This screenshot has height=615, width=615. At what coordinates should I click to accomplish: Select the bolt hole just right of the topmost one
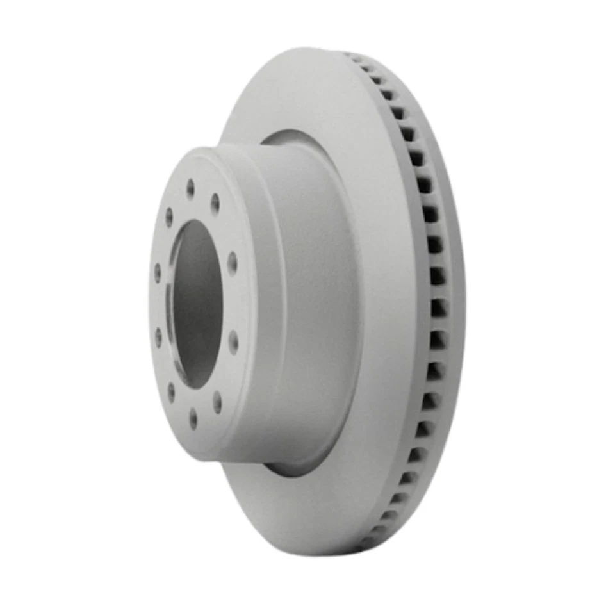pos(216,203)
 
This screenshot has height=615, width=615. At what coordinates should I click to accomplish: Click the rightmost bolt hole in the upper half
pos(232,263)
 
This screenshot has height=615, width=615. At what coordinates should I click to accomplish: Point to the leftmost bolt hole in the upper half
pos(158,272)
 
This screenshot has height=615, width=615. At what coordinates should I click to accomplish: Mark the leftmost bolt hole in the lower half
pos(158,336)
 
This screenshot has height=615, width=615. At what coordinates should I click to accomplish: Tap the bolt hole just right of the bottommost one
pos(217,402)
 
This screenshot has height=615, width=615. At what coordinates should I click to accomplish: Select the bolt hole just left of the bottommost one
pos(171,392)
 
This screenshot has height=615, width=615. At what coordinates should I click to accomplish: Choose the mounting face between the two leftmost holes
pos(157,304)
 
